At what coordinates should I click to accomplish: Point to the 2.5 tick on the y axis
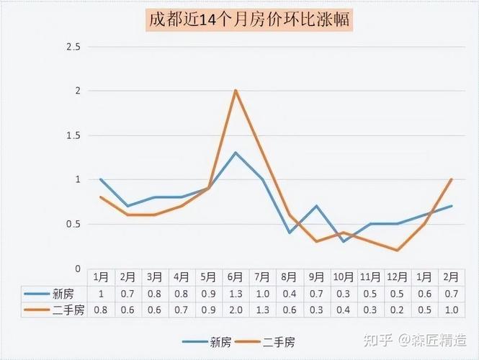[73, 46]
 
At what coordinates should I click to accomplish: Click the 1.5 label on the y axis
[73, 135]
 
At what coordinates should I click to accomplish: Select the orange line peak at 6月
[236, 90]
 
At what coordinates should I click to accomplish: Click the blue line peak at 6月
[236, 152]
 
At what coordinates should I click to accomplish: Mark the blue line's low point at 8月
[290, 233]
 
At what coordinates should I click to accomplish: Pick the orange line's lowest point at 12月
[398, 251]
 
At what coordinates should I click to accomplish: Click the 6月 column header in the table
[236, 276]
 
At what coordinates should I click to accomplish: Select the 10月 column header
[344, 276]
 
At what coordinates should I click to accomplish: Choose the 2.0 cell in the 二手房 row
[236, 310]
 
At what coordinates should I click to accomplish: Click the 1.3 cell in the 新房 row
[236, 293]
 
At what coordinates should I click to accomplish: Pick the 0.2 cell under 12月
[398, 310]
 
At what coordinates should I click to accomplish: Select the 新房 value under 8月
[290, 293]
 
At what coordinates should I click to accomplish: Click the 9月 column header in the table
[316, 276]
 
